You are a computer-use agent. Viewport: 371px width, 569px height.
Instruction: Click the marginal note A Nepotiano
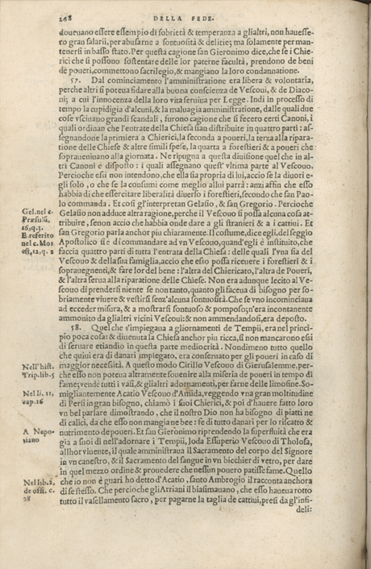coord(35,435)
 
